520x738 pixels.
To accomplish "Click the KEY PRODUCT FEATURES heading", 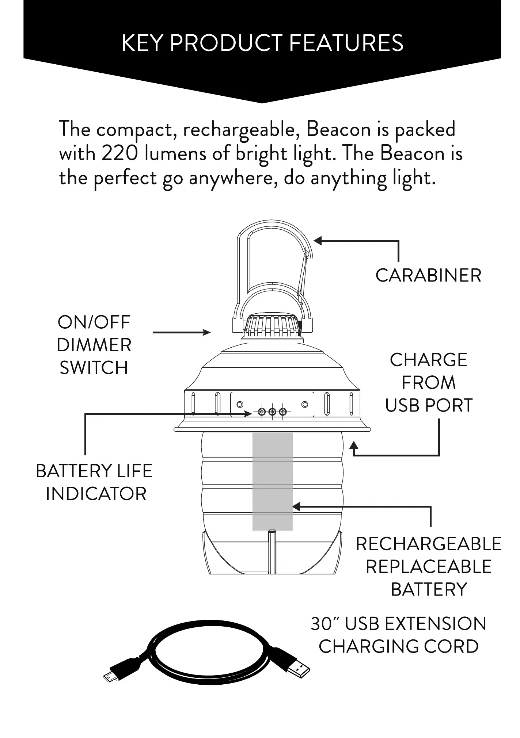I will pos(262,43).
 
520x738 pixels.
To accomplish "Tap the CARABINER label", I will pos(428,275).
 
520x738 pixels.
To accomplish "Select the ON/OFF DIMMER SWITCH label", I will pos(94,345).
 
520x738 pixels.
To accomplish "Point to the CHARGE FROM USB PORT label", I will pos(429,382).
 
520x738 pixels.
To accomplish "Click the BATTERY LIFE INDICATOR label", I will pos(94,482).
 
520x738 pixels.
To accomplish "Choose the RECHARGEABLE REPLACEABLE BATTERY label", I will pos(429,566).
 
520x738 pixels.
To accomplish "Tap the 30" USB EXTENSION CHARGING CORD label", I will pos(398,635).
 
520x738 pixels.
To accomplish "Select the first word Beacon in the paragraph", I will pos(338,130).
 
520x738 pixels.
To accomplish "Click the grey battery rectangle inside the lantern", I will pos(272,481).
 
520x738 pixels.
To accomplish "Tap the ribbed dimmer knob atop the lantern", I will pos(273,325).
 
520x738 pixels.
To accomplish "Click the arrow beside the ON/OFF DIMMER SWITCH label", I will pos(182,332).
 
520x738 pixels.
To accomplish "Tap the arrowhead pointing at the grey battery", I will pos(296,506).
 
